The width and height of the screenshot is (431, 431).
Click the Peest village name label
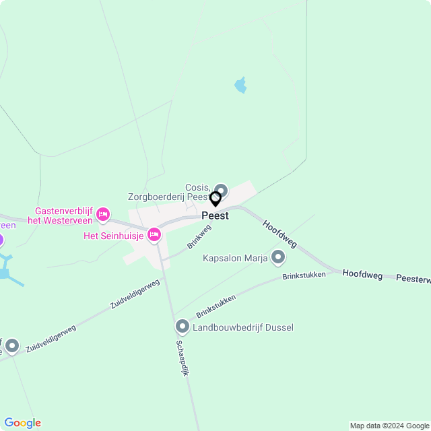[215, 216]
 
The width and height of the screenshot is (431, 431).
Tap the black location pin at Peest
[215, 199]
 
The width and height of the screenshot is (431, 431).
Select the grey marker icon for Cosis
[221, 191]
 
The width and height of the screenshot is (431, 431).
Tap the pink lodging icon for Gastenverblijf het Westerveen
[102, 215]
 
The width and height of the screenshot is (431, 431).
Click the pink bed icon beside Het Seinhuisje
[154, 235]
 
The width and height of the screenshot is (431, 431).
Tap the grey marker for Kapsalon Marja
[278, 257]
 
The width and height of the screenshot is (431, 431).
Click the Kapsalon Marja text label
[235, 258]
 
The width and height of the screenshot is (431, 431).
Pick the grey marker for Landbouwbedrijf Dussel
[183, 327]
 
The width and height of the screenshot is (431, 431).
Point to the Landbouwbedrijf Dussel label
[243, 328]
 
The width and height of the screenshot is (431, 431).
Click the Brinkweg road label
[199, 238]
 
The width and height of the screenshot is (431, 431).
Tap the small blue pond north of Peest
[240, 85]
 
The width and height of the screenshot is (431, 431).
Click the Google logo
[22, 422]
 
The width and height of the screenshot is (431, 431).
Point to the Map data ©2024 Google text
[389, 425]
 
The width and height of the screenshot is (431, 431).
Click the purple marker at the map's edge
[1, 239]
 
